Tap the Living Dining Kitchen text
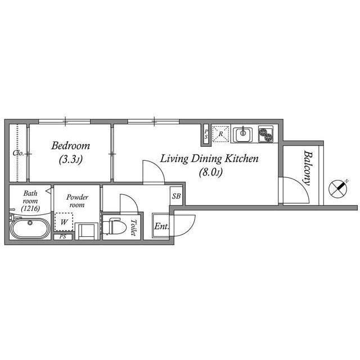pos(209,159)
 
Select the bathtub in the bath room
pos(30,230)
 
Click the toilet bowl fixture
pos(116,226)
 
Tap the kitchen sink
pos(244,134)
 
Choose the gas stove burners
pos(265,134)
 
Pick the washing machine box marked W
pos(64,221)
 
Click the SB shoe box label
pos(176,196)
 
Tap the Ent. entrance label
pos(161,227)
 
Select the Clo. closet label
pos(18,153)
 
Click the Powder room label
pos(77,201)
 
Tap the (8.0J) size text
pos(209,173)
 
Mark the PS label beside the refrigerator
pos(206,134)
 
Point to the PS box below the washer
pos(63,236)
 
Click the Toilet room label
pos(133,227)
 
